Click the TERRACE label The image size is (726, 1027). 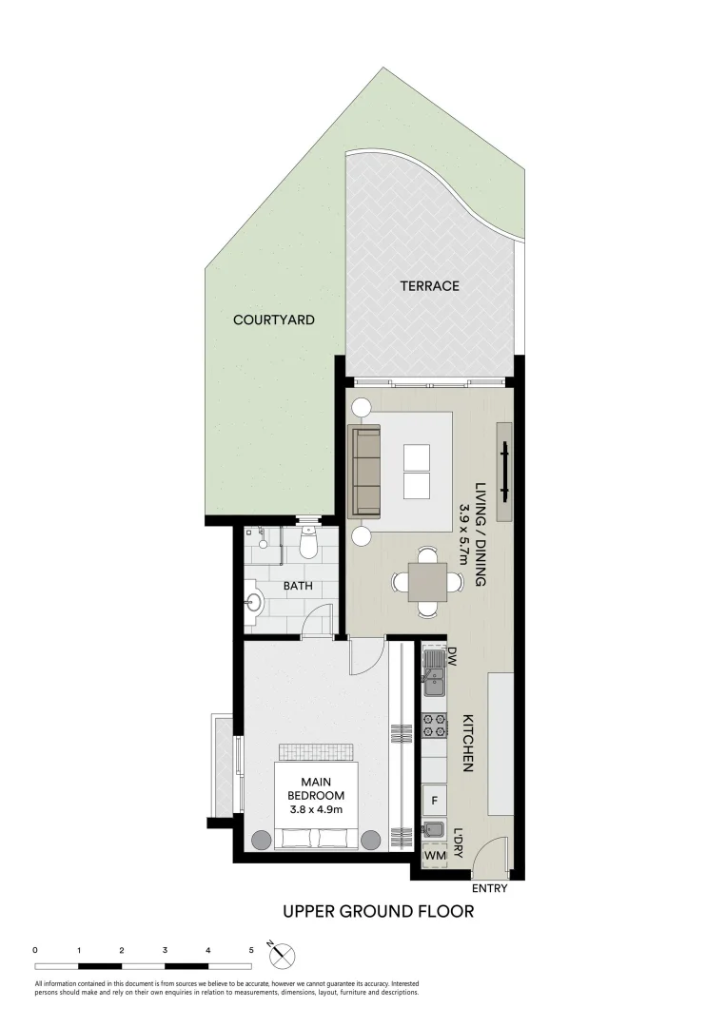tap(429, 285)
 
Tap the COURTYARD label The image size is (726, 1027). tap(274, 320)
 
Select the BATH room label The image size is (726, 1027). tap(298, 586)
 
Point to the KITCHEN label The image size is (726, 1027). tap(468, 743)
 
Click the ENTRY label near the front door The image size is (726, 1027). tap(489, 889)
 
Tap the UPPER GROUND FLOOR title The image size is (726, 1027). tap(378, 912)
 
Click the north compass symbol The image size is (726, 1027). tap(285, 954)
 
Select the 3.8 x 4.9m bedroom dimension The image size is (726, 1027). tap(315, 809)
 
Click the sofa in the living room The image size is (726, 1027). tap(365, 472)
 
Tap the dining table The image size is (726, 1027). tap(427, 581)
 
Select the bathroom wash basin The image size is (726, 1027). tap(252, 602)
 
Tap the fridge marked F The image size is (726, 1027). tap(435, 801)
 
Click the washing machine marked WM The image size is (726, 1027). tap(434, 856)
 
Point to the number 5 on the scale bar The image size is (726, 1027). tap(251, 950)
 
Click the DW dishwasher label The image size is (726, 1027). tap(453, 656)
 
